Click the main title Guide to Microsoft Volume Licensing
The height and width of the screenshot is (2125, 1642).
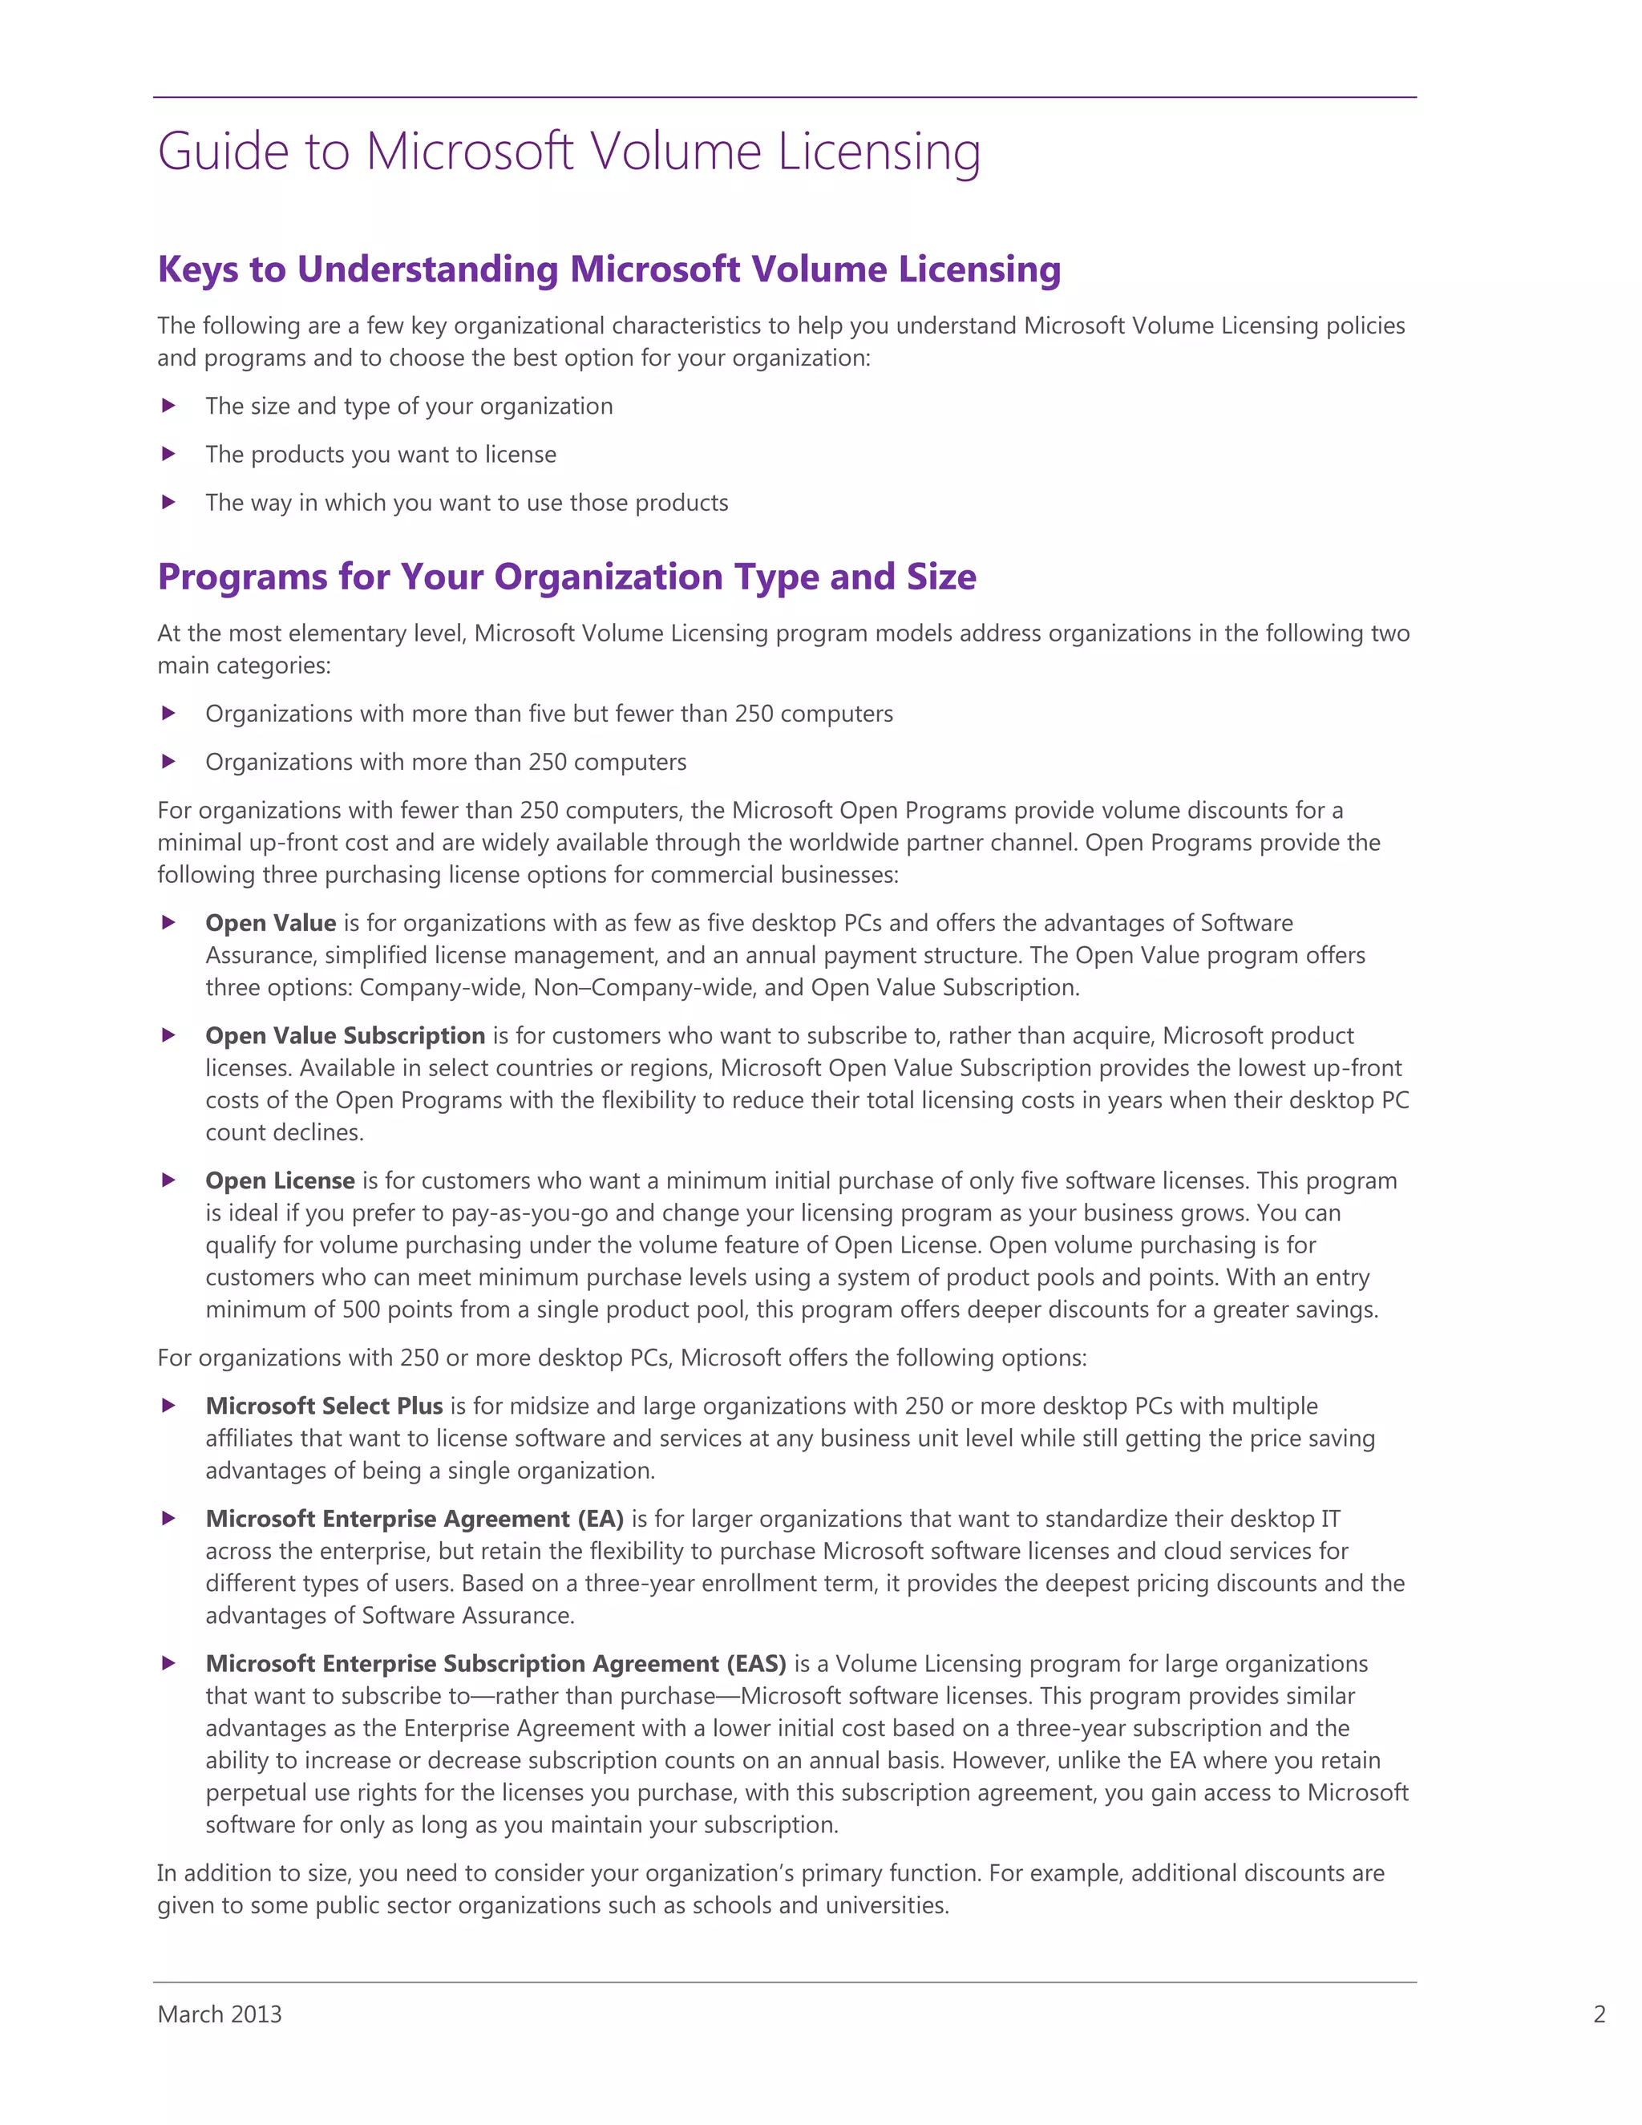pos(569,152)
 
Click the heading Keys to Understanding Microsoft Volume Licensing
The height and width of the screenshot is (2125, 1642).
pos(609,269)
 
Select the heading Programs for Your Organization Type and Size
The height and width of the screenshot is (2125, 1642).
pos(566,577)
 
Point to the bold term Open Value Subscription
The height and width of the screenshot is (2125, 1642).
pos(344,1035)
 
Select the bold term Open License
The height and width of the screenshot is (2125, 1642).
pos(279,1180)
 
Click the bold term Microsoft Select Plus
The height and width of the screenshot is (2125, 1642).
pos(324,1406)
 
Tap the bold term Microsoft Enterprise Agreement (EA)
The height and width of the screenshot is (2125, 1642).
pos(415,1519)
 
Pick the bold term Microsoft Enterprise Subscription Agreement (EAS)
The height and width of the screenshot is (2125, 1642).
pos(495,1664)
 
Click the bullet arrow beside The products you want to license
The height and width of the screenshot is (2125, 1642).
pos(168,453)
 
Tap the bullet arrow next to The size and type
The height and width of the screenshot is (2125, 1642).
pos(168,406)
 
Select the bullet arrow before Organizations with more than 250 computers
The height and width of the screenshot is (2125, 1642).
pos(168,762)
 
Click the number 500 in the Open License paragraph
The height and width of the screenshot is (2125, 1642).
pos(361,1309)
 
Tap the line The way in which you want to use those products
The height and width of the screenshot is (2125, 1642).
pos(466,503)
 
